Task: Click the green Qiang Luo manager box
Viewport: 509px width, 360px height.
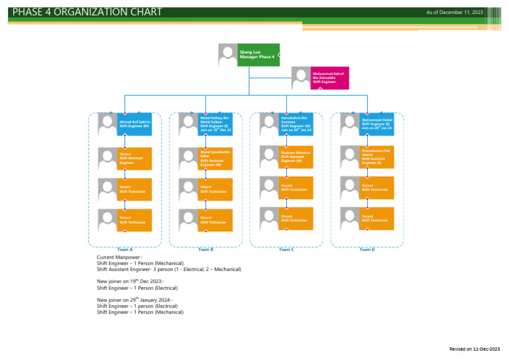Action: [x=258, y=54]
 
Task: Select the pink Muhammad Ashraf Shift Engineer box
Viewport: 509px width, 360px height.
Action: [x=329, y=78]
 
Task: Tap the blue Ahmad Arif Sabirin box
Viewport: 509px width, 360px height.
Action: [x=135, y=124]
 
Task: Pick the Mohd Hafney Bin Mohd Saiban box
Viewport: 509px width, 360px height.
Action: [x=215, y=124]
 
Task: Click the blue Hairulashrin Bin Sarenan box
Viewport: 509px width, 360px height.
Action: [x=296, y=124]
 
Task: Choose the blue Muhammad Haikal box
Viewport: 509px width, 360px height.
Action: [x=377, y=124]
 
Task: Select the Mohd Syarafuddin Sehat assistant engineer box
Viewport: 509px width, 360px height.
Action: [x=215, y=158]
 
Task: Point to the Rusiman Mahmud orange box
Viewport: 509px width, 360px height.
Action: [x=296, y=156]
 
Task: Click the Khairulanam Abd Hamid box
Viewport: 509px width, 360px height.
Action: [x=377, y=156]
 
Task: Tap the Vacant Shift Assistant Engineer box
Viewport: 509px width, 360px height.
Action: [x=135, y=158]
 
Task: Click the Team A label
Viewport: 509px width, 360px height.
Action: [x=125, y=249]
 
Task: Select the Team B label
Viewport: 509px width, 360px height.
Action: [x=206, y=249]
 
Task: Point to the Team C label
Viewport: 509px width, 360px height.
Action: [x=286, y=249]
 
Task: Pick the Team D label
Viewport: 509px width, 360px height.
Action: [x=367, y=249]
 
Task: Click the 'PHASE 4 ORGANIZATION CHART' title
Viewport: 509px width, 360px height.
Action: [x=87, y=12]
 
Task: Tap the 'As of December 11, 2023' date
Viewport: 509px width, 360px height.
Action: [x=455, y=12]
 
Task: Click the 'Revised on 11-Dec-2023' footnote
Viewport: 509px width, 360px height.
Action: [x=474, y=349]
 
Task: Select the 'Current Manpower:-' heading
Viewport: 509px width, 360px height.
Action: [x=120, y=257]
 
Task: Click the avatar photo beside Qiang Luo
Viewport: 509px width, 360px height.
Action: [x=228, y=54]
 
